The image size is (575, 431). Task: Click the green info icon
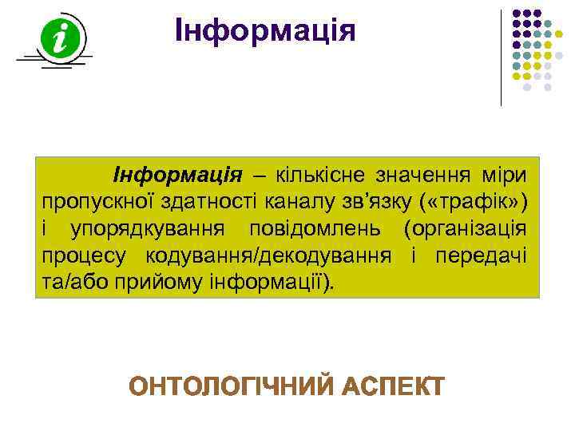[60, 38]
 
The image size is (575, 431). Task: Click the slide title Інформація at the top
[265, 30]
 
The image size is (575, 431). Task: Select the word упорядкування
[152, 229]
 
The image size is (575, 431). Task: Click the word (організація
[464, 229]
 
